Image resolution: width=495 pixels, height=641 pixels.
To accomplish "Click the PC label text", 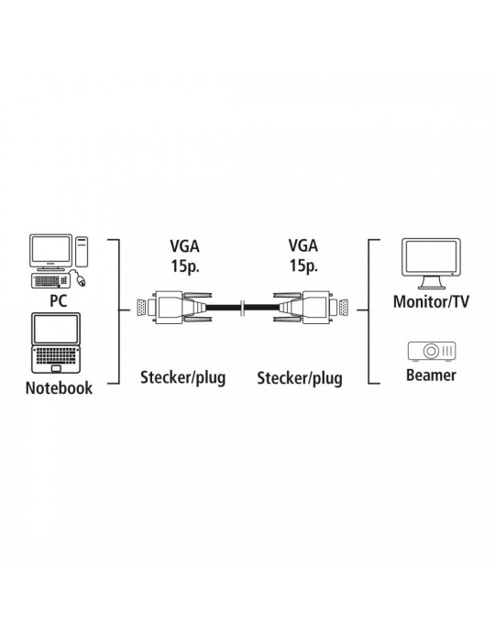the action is tap(58, 301).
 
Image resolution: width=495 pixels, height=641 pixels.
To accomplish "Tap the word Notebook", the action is tap(59, 388).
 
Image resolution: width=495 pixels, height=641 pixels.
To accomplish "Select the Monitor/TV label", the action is tap(431, 301).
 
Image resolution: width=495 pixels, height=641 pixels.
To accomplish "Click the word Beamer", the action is tap(431, 375).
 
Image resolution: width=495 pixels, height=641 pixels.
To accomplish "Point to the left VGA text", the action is tap(185, 245).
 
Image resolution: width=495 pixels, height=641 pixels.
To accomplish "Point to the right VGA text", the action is tap(303, 245).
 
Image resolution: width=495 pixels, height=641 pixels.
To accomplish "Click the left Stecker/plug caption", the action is tap(182, 377).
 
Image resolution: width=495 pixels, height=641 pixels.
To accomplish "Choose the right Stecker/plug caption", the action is tap(300, 378).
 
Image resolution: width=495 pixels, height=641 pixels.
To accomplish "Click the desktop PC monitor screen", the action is tap(51, 250).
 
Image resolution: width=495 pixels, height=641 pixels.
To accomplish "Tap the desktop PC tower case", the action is tap(82, 252).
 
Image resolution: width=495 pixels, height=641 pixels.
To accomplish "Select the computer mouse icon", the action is tap(81, 280).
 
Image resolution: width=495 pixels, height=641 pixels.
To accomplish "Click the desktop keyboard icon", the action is tap(50, 281).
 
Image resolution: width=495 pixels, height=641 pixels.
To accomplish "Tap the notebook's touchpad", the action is tap(56, 368).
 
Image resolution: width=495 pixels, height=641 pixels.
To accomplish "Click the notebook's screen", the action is tap(57, 330).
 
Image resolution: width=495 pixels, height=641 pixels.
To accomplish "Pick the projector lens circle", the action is tap(431, 351).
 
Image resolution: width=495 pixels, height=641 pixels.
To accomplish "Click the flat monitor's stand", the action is tap(432, 283).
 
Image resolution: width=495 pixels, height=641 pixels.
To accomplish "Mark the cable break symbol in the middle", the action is tap(243, 309).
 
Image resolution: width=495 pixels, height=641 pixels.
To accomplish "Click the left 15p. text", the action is tap(185, 266).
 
